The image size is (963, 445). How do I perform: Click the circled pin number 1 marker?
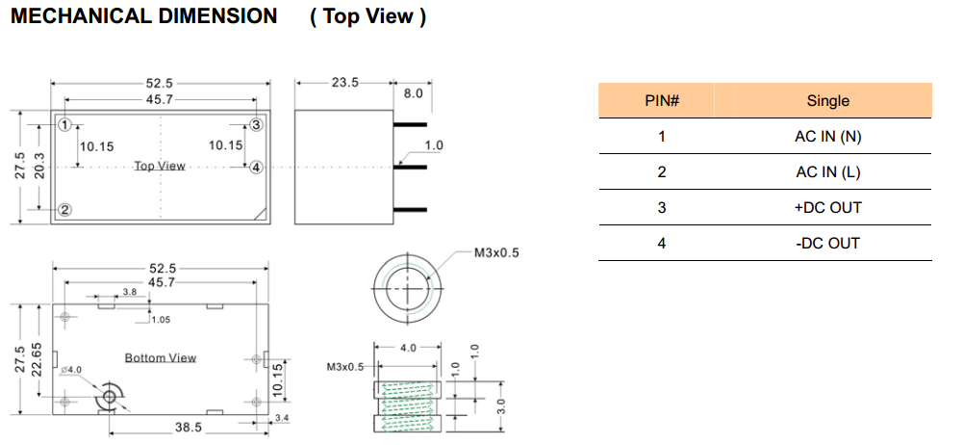coord(64,124)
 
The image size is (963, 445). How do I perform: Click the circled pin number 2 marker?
coord(64,209)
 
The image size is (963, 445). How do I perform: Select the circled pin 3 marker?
coord(256,124)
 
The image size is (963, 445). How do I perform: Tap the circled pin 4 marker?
coord(256,167)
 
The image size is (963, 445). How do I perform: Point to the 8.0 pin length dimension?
coord(413,94)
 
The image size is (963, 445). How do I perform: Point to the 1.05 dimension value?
coord(161,321)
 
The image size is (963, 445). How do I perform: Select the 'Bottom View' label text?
coord(161,358)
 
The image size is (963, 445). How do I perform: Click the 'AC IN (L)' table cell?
coord(827,172)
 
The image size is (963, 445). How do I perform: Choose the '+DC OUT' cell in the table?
coord(827,207)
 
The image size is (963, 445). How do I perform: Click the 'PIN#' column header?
coord(662,101)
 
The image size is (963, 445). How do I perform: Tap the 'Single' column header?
coord(827,101)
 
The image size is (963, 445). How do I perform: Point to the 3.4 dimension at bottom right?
coord(282,417)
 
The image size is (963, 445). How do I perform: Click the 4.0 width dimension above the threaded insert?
coord(407,348)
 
